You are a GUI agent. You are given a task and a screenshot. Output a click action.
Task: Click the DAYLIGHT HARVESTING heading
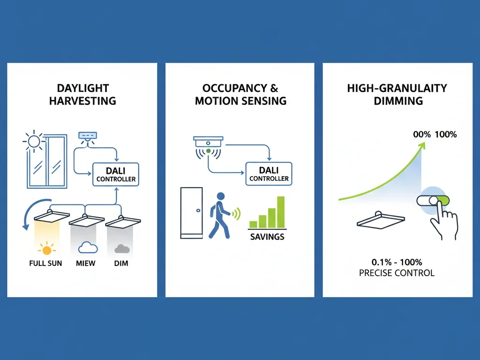pos(82,94)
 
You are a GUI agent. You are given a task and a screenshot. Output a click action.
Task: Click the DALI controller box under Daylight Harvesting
pos(116,174)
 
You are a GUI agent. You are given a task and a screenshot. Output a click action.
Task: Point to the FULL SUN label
pos(45,263)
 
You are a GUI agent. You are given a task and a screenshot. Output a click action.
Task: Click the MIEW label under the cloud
pos(85,263)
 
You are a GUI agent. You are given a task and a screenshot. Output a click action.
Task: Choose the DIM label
pos(121,263)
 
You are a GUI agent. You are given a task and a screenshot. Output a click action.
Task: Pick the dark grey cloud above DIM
pos(121,249)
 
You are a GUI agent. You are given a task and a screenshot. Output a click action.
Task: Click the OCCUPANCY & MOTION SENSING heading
pos(240,94)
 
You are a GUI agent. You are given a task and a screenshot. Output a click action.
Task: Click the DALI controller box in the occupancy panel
pos(269,174)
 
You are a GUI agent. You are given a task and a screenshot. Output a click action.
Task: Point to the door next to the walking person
pos(191,213)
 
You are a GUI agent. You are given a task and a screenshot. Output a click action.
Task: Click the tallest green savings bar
pos(281,212)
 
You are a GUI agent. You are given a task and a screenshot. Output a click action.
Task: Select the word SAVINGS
pos(267,236)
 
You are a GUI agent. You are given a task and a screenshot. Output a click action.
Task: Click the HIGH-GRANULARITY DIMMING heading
pos(397,94)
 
